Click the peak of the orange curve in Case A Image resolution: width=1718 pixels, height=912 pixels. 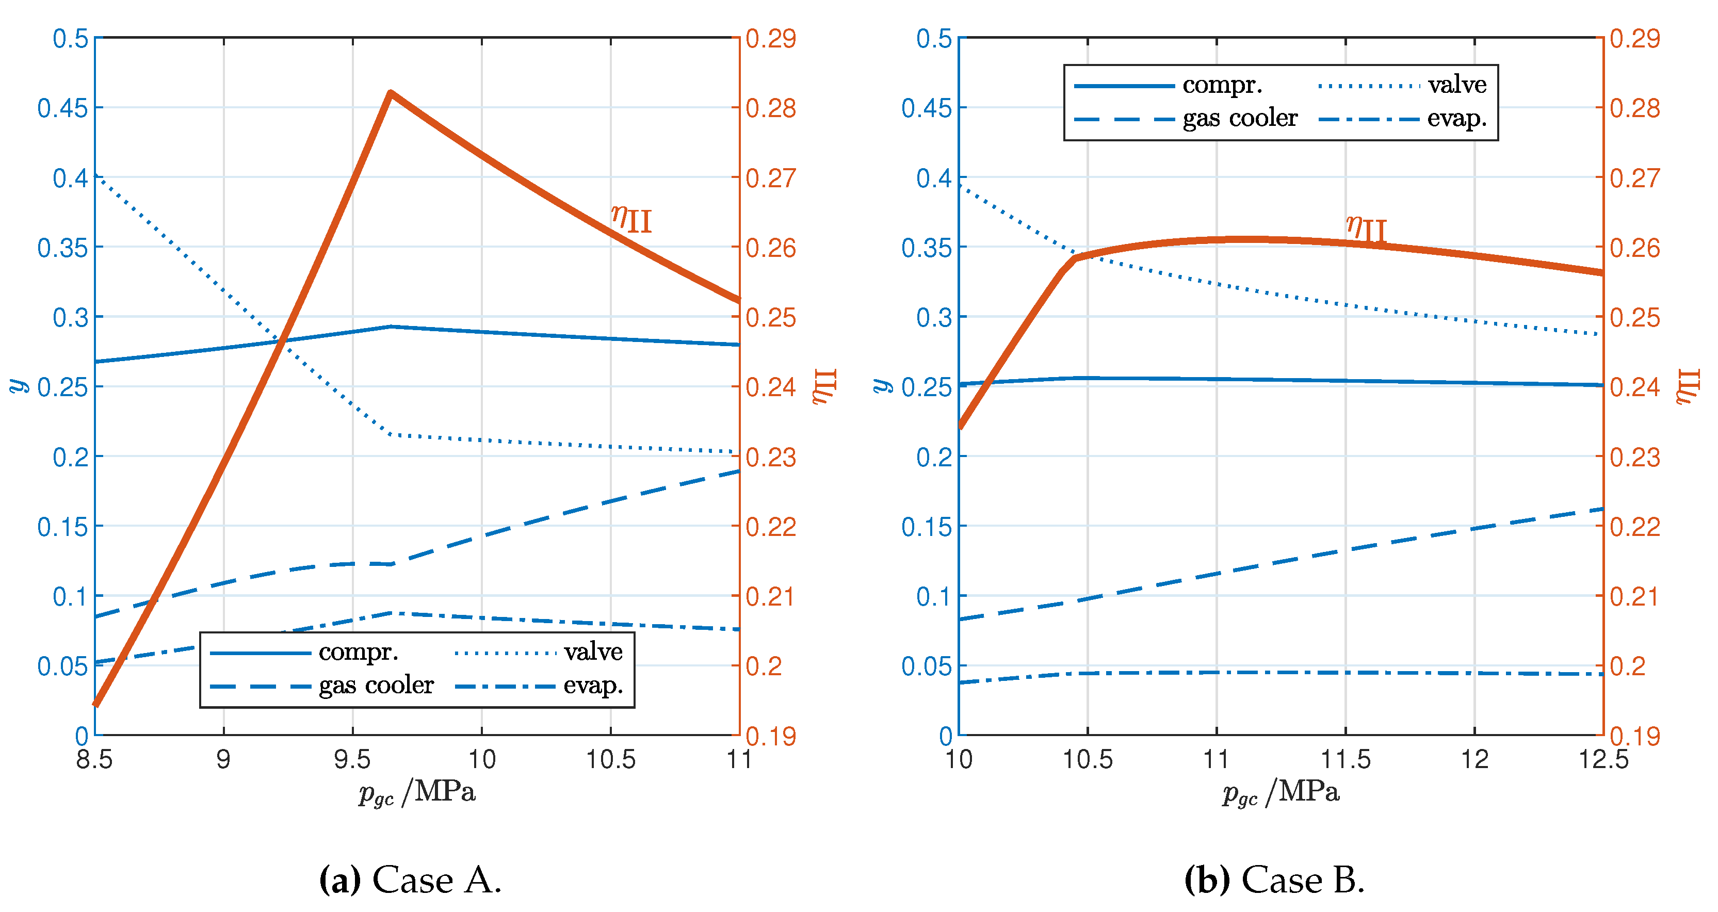coord(391,93)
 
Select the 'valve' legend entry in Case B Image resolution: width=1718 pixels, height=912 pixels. coord(1456,85)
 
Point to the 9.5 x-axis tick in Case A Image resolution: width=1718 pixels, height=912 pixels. coord(352,759)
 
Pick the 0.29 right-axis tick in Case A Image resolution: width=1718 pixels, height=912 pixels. coord(770,39)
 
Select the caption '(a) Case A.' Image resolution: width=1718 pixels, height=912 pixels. coord(410,880)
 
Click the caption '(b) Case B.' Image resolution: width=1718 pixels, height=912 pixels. coord(1274,880)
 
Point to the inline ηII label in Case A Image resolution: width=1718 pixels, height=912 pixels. coord(631,218)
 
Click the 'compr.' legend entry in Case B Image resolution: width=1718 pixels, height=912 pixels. coord(1222,85)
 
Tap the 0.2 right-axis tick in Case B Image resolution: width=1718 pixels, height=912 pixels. coord(1628,666)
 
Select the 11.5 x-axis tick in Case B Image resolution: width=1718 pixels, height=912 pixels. coord(1345,759)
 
